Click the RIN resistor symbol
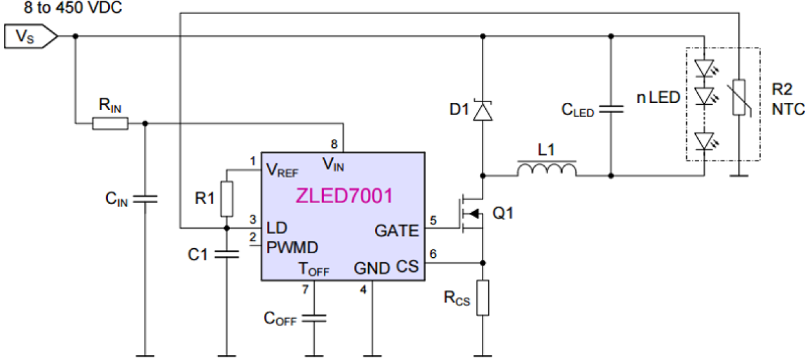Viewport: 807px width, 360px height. pyautogui.click(x=110, y=123)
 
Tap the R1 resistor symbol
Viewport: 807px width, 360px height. pyautogui.click(x=226, y=199)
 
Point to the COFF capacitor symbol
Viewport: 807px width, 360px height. pyautogui.click(x=314, y=318)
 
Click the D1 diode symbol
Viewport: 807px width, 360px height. pyautogui.click(x=481, y=111)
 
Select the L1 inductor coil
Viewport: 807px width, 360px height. pyautogui.click(x=546, y=170)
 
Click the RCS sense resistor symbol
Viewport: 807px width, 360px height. pyautogui.click(x=482, y=298)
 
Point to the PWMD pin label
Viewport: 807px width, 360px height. pyautogui.click(x=292, y=246)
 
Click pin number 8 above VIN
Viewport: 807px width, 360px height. pyautogui.click(x=335, y=144)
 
